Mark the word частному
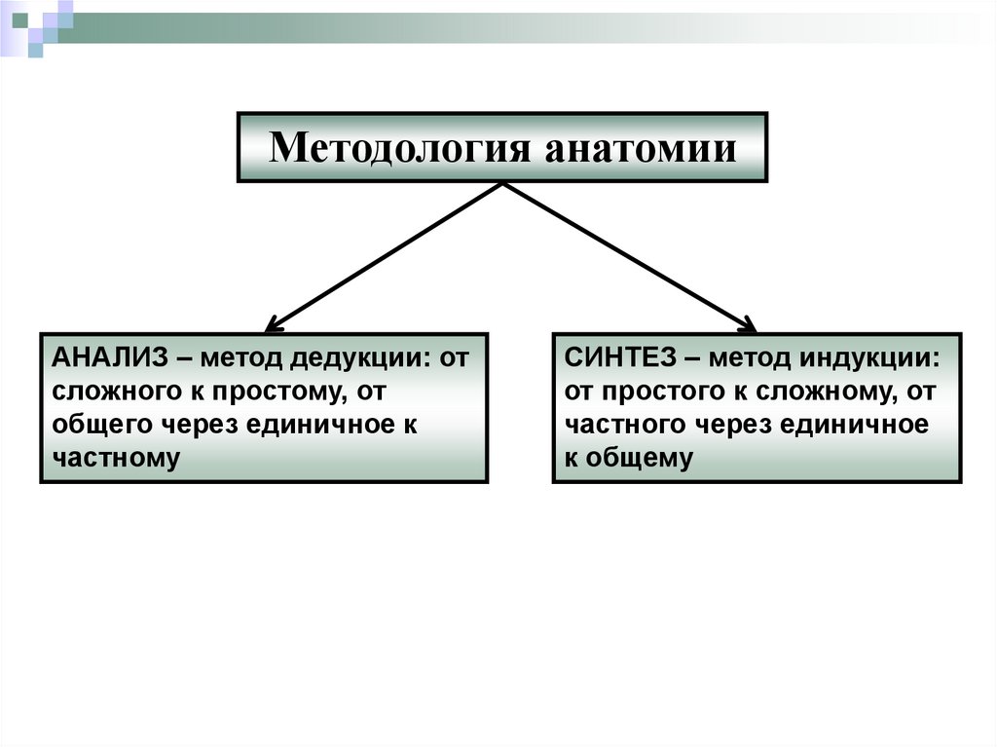[x=117, y=458]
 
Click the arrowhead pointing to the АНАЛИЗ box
[x=274, y=323]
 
